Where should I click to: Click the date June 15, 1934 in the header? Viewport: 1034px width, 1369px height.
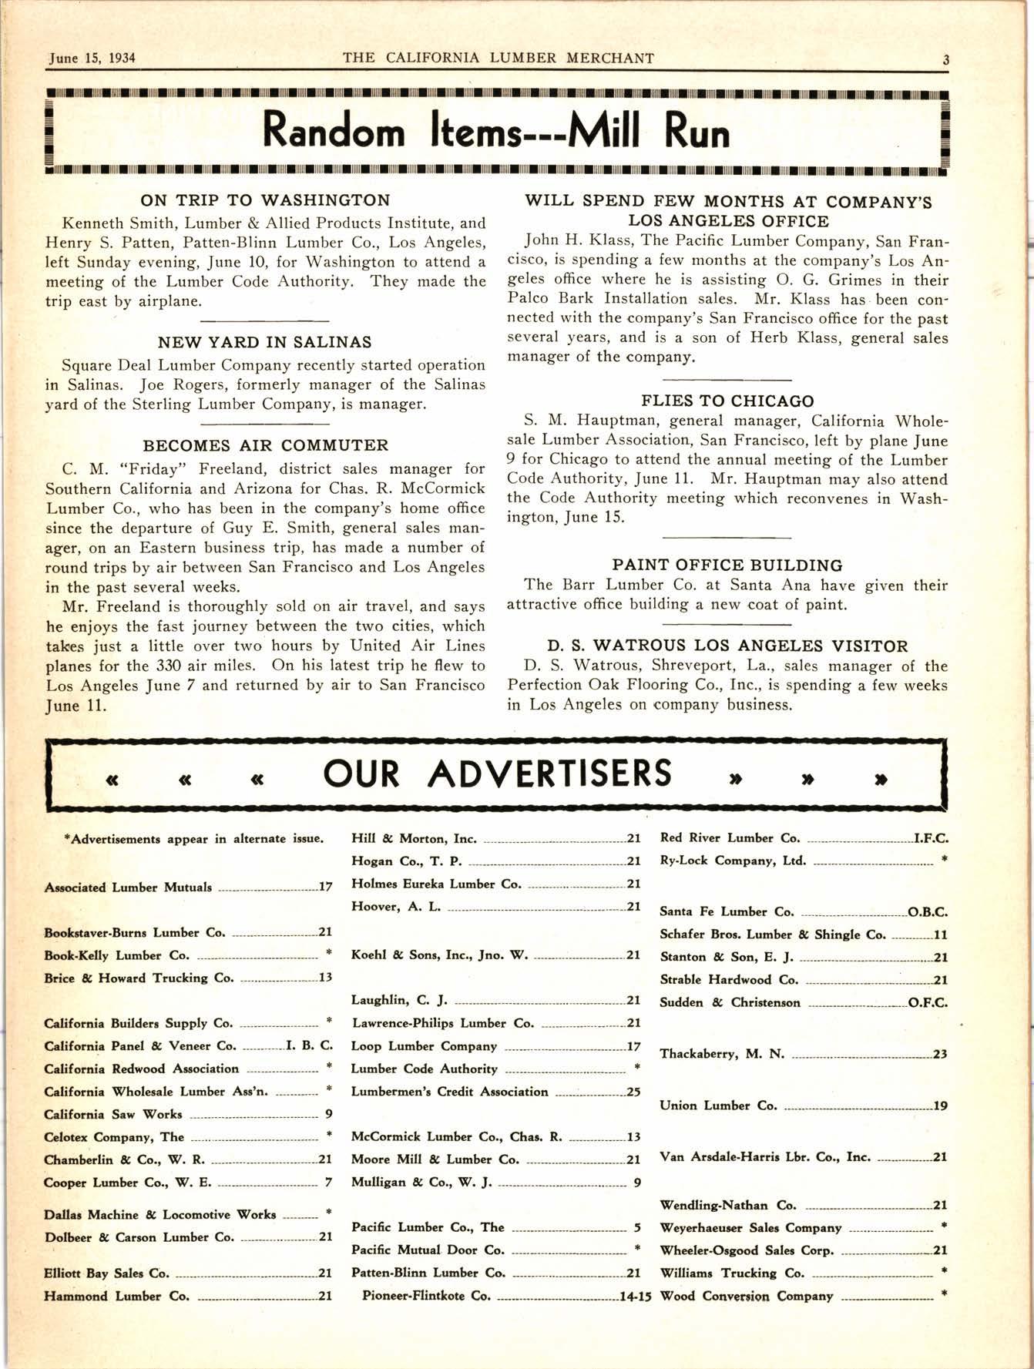(x=92, y=59)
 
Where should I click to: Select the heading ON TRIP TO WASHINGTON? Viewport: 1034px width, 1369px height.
(x=265, y=200)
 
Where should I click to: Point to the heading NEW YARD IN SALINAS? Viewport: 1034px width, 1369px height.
(x=265, y=342)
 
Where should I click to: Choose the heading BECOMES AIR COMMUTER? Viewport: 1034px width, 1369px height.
(x=266, y=445)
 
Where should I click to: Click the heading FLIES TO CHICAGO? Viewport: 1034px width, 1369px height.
(x=727, y=401)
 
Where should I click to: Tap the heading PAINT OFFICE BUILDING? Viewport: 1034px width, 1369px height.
(x=727, y=565)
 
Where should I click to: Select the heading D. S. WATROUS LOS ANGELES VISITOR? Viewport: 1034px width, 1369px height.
(x=727, y=646)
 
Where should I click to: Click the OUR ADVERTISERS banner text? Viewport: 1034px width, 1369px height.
(x=497, y=774)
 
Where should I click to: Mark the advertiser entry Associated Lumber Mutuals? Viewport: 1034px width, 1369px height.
(x=128, y=888)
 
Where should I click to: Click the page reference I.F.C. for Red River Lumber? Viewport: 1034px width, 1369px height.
(x=931, y=838)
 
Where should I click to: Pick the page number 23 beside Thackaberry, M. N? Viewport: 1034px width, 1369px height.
(x=940, y=1055)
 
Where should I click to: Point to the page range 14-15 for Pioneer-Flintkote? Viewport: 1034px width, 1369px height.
(x=636, y=1296)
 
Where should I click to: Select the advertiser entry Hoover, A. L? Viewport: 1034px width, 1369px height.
(x=396, y=907)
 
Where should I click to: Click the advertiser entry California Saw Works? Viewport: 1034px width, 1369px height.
(x=113, y=1115)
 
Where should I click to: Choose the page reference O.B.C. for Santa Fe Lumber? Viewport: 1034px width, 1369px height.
(x=928, y=912)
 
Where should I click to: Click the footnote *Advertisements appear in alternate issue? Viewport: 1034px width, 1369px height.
(x=193, y=839)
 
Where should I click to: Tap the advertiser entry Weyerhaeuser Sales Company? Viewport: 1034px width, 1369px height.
(x=750, y=1228)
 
